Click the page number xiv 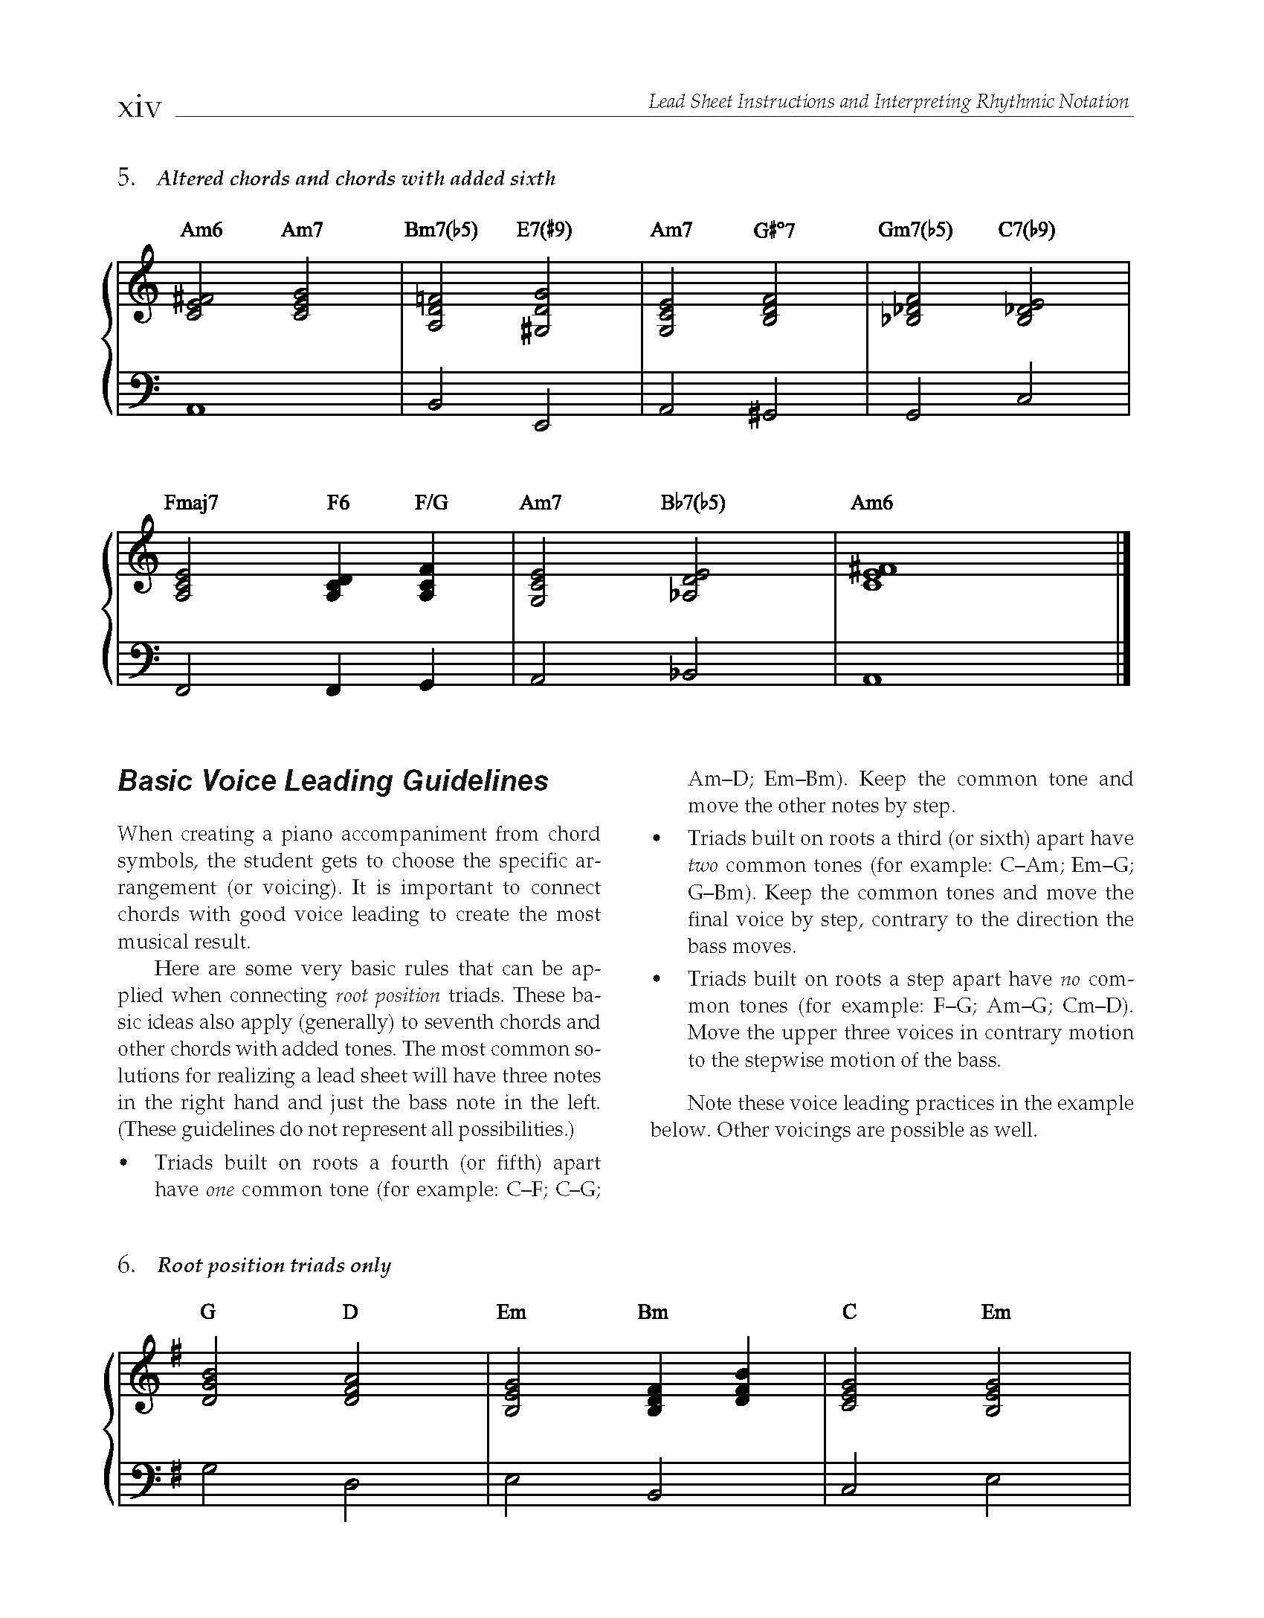(140, 108)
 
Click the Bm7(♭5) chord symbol (441, 230)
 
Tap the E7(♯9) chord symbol (544, 230)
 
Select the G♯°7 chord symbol (773, 230)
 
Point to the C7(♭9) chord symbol (1026, 230)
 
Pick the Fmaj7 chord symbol (191, 503)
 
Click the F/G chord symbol (431, 503)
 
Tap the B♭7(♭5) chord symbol (693, 503)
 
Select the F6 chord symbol (338, 503)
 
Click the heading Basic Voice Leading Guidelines (333, 781)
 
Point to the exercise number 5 (126, 179)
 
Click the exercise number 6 (126, 1265)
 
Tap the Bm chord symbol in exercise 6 (652, 1312)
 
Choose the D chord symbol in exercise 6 (350, 1312)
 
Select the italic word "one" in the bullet (219, 1190)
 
